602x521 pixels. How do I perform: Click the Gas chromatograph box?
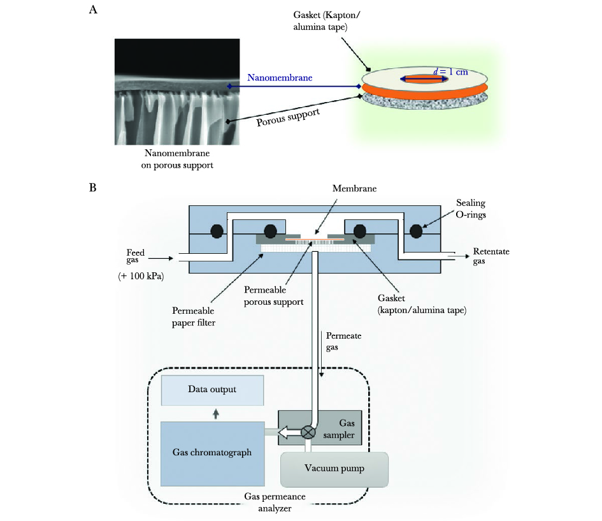click(x=213, y=453)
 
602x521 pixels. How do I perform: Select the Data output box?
click(x=213, y=390)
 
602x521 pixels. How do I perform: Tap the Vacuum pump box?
click(x=334, y=469)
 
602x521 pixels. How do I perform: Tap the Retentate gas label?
click(x=491, y=256)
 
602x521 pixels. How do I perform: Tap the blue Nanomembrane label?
click(x=280, y=78)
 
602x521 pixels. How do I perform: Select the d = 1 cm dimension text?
click(x=450, y=71)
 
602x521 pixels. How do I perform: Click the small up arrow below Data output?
click(x=215, y=413)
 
